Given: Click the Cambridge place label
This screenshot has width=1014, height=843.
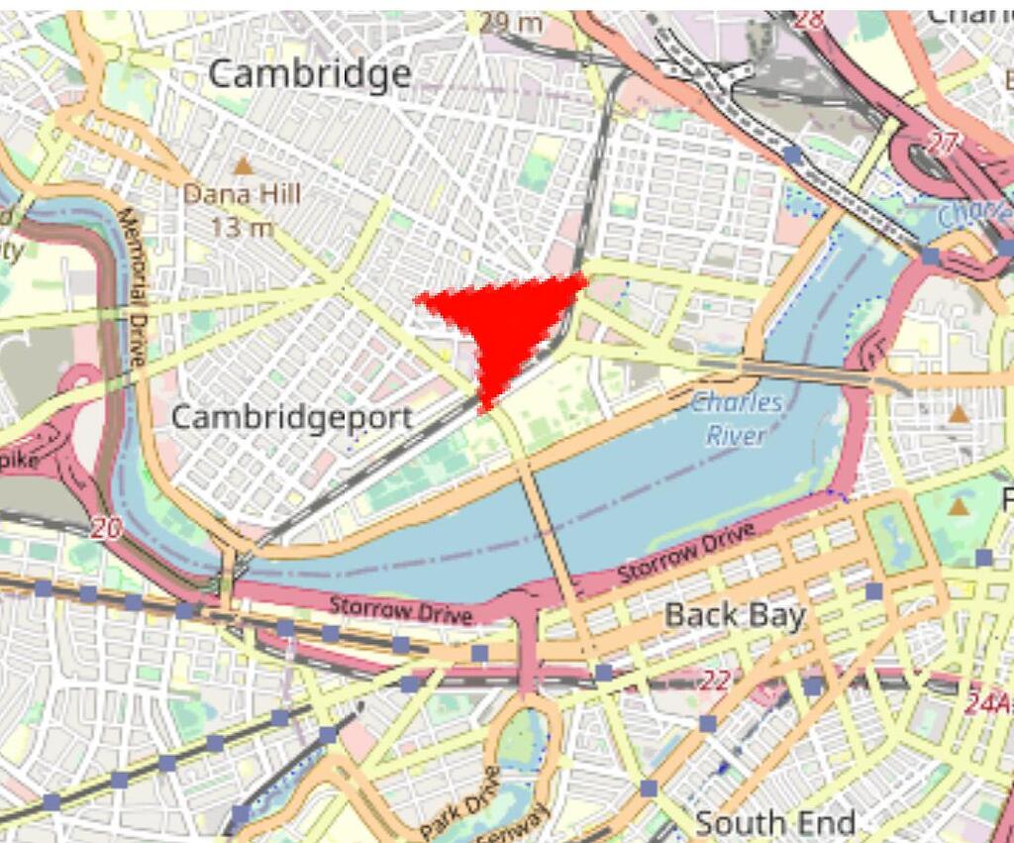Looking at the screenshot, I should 310,73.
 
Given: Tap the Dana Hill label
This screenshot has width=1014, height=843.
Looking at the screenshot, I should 241,194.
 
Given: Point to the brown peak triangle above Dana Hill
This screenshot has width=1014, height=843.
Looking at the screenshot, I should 243,166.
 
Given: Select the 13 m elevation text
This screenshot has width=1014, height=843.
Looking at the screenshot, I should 241,227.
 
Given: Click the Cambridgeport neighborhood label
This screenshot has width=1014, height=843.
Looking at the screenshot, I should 291,417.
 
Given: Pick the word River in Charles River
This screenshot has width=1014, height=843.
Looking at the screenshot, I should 737,435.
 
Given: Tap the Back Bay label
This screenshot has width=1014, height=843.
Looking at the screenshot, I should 735,615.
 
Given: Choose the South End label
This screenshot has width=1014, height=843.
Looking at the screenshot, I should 774,822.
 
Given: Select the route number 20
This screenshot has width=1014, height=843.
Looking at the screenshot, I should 106,529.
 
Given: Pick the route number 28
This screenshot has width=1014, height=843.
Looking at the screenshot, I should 809,19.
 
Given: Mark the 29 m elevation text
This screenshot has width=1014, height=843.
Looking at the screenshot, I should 512,22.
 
